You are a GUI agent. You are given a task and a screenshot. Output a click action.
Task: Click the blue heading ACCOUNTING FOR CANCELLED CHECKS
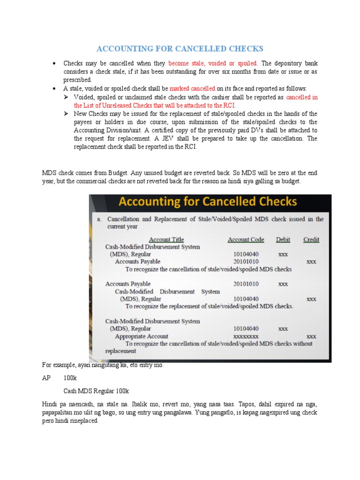click(x=180, y=49)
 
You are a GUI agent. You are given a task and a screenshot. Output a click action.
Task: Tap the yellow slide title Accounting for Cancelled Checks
click(x=208, y=202)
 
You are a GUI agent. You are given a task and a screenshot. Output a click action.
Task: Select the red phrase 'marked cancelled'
click(x=192, y=88)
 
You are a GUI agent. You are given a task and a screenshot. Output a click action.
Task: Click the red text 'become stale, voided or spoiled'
click(x=213, y=63)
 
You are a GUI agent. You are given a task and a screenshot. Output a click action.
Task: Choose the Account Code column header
click(x=246, y=240)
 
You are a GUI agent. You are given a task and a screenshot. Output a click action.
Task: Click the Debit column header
click(x=283, y=240)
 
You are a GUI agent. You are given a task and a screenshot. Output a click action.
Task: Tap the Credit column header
click(x=311, y=240)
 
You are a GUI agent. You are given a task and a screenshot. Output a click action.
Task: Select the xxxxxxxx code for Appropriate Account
click(x=246, y=337)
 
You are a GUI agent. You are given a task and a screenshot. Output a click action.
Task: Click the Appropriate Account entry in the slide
click(x=142, y=337)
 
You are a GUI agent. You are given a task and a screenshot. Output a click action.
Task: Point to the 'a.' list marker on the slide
click(x=99, y=219)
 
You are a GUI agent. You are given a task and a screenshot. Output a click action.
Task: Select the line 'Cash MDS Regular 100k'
click(x=96, y=390)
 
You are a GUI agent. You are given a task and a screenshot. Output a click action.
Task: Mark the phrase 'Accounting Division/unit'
click(x=110, y=130)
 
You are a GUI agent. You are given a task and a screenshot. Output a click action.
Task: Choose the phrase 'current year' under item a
click(x=123, y=227)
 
